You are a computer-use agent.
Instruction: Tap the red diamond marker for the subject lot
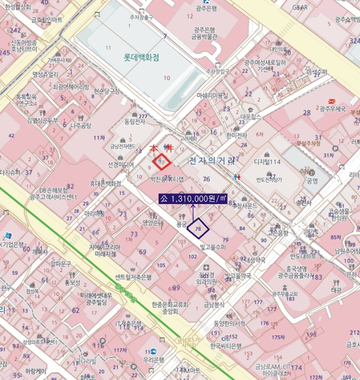pyautogui.click(x=162, y=162)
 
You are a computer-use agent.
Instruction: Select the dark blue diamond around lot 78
pyautogui.click(x=198, y=229)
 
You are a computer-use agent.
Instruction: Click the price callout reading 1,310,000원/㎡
pyautogui.click(x=193, y=199)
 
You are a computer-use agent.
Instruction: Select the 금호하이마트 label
pyautogui.click(x=46, y=20)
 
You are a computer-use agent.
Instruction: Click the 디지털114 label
pyautogui.click(x=267, y=162)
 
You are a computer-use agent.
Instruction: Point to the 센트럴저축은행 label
pyautogui.click(x=133, y=277)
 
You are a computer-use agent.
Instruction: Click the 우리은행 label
pyautogui.click(x=154, y=360)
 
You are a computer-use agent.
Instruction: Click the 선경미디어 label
pyautogui.click(x=121, y=164)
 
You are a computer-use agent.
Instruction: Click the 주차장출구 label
pyautogui.click(x=141, y=17)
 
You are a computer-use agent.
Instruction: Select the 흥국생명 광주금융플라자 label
pyautogui.click(x=296, y=272)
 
